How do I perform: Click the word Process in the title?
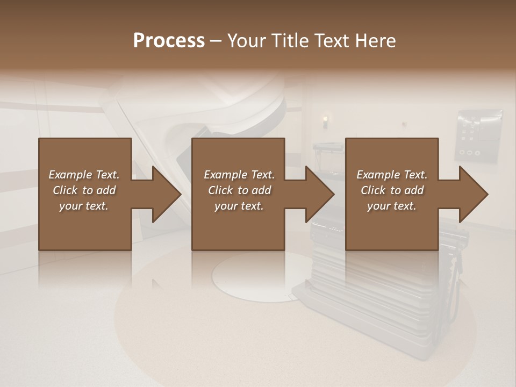[169, 40]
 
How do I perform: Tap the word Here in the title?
[376, 40]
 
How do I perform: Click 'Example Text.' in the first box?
[84, 175]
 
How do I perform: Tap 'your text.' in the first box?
[84, 206]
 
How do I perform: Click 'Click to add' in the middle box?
[239, 190]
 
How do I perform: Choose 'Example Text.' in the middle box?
[239, 175]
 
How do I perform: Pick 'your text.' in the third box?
[392, 206]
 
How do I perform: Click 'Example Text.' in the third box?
[392, 175]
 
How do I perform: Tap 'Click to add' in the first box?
[84, 190]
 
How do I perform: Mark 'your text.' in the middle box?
[239, 206]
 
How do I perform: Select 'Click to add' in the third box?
[392, 190]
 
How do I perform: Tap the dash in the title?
[216, 41]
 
